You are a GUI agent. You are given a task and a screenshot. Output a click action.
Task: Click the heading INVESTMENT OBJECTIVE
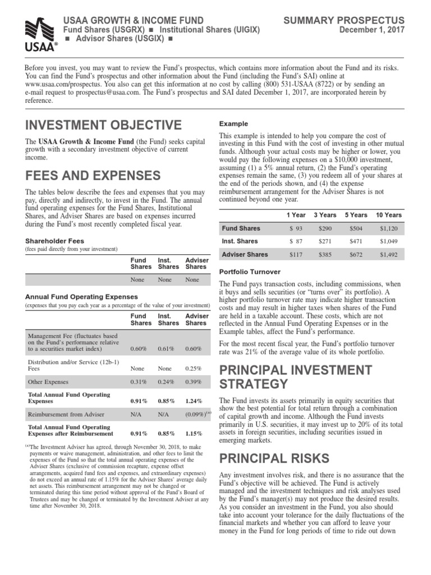[x=103, y=125]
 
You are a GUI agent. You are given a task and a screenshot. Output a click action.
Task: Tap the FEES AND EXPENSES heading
[x=93, y=175]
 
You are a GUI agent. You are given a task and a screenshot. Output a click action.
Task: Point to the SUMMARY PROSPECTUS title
[x=352, y=20]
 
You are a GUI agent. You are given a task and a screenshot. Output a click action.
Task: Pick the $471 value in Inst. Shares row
[x=356, y=241]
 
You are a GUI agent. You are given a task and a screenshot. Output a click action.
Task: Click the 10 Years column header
[x=388, y=215]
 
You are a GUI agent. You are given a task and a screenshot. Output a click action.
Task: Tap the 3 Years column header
[x=325, y=215]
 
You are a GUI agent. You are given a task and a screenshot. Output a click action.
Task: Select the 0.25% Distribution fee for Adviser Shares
[x=195, y=369]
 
